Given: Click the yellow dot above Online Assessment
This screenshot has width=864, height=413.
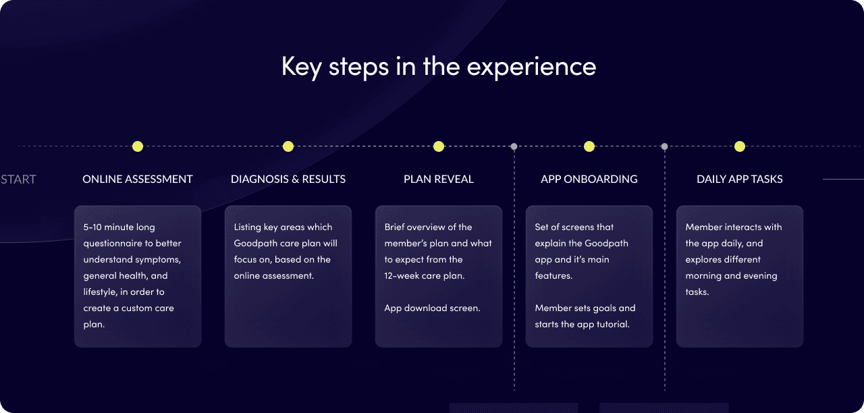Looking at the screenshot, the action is point(138,146).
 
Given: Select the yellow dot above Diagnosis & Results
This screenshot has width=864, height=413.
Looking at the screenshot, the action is point(288,146).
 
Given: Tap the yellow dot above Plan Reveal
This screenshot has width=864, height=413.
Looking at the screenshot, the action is point(439,146).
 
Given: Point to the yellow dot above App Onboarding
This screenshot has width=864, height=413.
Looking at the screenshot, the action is point(589,146).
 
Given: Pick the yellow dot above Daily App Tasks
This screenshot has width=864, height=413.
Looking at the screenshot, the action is point(739,146).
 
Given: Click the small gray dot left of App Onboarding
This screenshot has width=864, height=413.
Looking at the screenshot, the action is point(514,146).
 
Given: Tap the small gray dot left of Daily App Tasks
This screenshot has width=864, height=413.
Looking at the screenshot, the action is point(664,146).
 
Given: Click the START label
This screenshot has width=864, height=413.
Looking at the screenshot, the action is point(18,180).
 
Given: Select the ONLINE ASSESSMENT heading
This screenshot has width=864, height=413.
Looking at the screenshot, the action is point(138,179).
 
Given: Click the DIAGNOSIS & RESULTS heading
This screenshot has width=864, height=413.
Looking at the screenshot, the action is point(288,179).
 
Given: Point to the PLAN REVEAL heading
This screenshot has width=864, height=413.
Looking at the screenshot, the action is point(439,179).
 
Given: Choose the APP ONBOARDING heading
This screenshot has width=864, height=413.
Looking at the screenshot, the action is point(589,179).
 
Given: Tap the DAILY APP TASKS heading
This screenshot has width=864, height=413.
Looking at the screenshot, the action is point(739,179).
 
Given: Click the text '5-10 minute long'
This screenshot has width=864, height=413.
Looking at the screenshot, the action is point(119,227).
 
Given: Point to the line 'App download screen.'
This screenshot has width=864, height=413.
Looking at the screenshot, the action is point(433,308).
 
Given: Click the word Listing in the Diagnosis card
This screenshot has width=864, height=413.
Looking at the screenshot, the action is point(247,227).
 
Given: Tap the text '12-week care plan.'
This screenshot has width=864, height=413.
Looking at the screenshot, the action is point(425,276).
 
